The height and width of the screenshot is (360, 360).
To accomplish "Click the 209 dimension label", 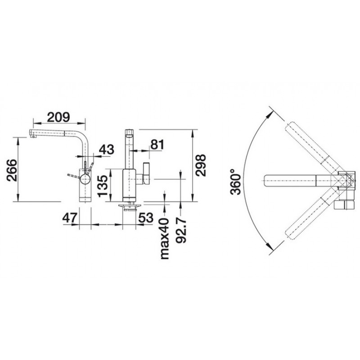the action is (58, 117).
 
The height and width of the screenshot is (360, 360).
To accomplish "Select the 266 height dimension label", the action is (12, 170).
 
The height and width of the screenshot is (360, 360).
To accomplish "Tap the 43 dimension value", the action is (107, 149).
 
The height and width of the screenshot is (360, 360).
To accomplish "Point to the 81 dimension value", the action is (157, 144).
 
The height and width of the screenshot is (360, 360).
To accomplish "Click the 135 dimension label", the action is (103, 186).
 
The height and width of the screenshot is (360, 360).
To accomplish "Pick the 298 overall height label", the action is (200, 165).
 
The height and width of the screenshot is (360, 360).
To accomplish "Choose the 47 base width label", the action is (69, 218).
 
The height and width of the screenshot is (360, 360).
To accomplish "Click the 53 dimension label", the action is (146, 218).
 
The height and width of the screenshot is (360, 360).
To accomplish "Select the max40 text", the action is (164, 238).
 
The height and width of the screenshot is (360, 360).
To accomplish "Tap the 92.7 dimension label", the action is (181, 230).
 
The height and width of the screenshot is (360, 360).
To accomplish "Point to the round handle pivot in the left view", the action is (85, 178).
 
